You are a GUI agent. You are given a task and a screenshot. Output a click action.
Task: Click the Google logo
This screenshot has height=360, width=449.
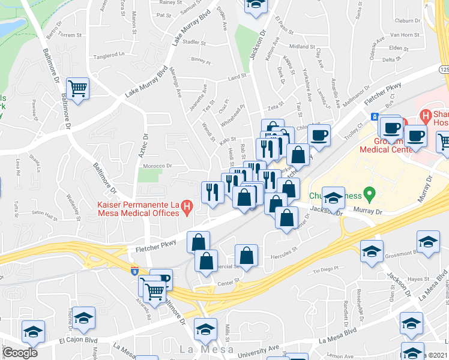point(20,353)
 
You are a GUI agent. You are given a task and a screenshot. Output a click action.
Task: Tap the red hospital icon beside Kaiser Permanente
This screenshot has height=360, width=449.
point(187,208)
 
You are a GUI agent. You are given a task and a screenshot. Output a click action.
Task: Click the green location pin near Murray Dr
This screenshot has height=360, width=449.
point(370,194)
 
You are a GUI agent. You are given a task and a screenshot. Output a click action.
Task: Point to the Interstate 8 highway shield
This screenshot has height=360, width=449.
point(133,271)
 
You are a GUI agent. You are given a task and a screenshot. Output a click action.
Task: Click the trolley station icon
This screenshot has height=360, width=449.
point(375,116)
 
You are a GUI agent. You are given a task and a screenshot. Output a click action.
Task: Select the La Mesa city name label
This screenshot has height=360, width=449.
point(202,349)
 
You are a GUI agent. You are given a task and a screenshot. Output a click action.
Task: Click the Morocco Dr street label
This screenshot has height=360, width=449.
point(157,166)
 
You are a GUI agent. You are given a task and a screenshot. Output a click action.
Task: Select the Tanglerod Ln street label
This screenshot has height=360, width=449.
point(109,55)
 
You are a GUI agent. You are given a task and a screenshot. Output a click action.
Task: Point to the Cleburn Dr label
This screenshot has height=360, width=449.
point(409,20)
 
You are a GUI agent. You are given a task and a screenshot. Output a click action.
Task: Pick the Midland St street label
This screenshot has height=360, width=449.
point(298,46)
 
